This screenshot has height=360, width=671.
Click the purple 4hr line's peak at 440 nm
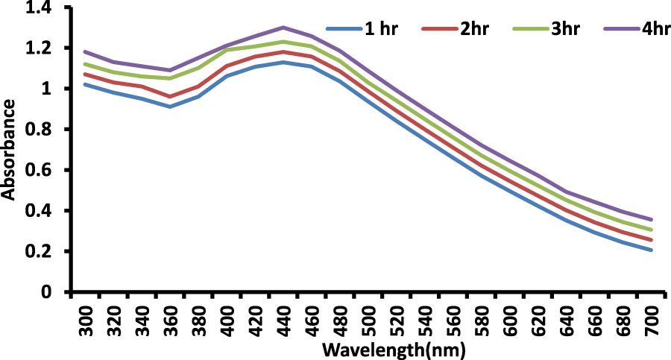pyautogui.click(x=283, y=28)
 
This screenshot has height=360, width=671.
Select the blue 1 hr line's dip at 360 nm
pyautogui.click(x=170, y=107)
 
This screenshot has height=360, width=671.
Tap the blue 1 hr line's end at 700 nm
pyautogui.click(x=652, y=250)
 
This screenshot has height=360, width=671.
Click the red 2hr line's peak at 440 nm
pyautogui.click(x=283, y=51)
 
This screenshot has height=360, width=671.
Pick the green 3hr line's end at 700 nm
pyautogui.click(x=652, y=230)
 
